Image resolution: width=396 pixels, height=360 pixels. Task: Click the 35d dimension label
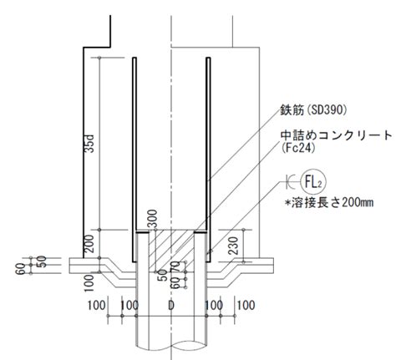[89, 144]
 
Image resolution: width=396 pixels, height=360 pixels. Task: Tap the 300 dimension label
[152, 219]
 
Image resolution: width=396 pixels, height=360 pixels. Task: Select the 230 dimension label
[233, 246]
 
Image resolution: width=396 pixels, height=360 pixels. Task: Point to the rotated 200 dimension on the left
[89, 244]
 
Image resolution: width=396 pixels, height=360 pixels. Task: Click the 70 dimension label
[175, 267]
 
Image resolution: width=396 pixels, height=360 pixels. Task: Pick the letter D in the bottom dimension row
[171, 306]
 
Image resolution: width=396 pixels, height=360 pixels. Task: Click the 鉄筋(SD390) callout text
[313, 110]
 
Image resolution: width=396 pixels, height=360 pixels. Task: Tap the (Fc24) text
[298, 148]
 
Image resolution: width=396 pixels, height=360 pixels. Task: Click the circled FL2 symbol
[313, 183]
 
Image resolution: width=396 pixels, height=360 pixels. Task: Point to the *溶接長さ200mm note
[329, 203]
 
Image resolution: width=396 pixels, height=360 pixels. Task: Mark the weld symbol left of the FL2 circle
[291, 182]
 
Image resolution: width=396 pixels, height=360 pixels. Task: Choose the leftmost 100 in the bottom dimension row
[97, 306]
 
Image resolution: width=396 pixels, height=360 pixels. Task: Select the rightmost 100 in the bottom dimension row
[246, 306]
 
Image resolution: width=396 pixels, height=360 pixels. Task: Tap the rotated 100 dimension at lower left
[89, 283]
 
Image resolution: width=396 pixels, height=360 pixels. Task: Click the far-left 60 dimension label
[21, 269]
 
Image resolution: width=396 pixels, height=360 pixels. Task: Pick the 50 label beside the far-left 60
[42, 261]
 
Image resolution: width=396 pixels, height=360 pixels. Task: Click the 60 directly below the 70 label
[175, 283]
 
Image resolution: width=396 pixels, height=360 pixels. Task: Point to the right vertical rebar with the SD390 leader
[208, 160]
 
